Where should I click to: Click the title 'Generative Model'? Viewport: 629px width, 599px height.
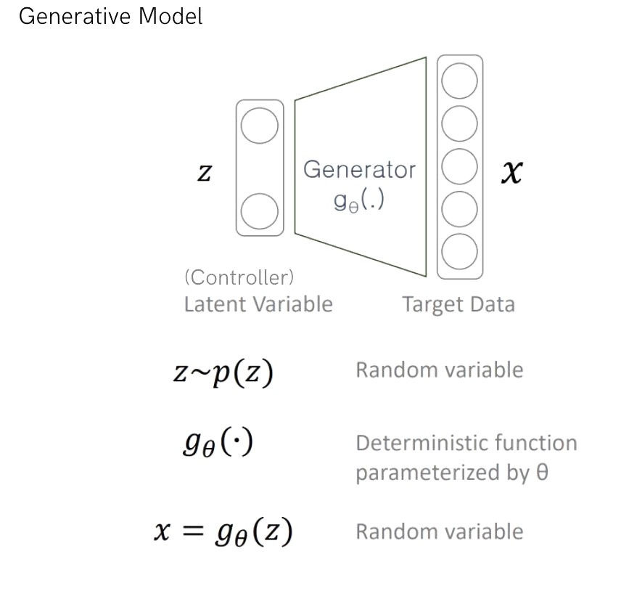(x=110, y=16)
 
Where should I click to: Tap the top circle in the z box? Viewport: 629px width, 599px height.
(x=259, y=126)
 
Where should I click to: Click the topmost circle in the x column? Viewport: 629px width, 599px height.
(x=460, y=79)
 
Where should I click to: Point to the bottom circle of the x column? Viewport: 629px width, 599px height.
(x=460, y=251)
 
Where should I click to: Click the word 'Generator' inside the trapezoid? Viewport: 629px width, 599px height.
(x=359, y=170)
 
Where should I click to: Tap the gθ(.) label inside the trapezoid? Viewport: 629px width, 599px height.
(x=359, y=200)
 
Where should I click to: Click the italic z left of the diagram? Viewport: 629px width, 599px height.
(x=205, y=174)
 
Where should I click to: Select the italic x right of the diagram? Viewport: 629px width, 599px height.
(x=512, y=173)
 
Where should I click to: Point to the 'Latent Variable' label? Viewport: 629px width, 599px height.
(x=258, y=303)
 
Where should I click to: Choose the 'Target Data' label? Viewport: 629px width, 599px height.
(x=459, y=304)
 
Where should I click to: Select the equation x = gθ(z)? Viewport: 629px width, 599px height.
(x=223, y=533)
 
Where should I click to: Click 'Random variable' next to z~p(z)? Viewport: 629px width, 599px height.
(x=439, y=370)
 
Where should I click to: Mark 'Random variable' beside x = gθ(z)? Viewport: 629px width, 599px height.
(x=439, y=531)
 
